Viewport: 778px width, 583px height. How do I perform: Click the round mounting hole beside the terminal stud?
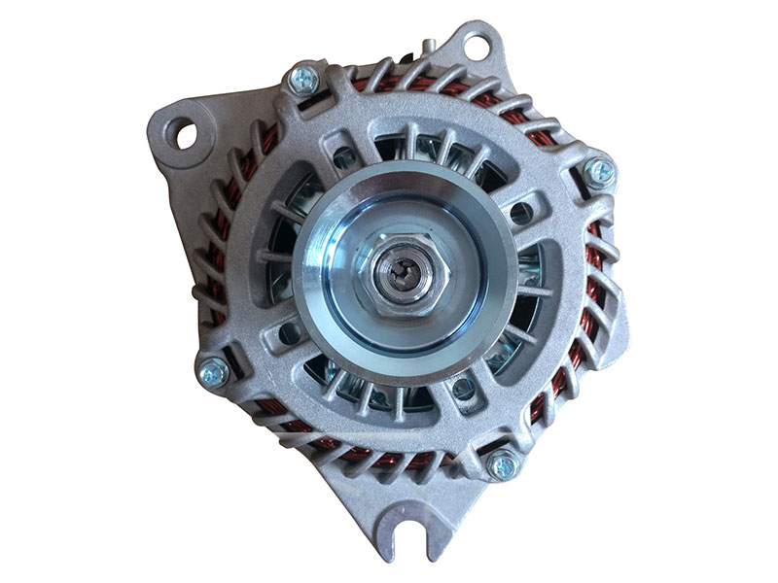point(475,45)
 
